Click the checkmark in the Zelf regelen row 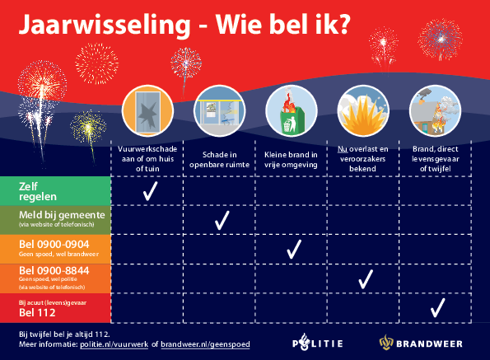point(150,192)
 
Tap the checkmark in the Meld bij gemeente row point(221,220)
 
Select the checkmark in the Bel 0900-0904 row point(292,250)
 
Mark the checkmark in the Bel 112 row point(437,308)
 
